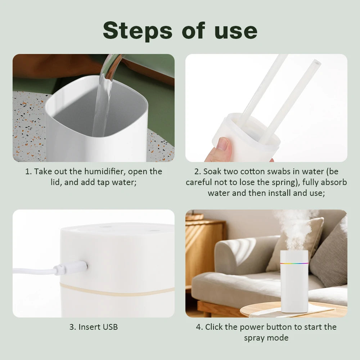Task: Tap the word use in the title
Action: point(236,31)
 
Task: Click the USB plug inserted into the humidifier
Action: point(74,268)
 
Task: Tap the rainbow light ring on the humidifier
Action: point(294,263)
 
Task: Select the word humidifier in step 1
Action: point(105,171)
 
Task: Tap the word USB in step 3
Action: point(110,327)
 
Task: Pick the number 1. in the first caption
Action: point(28,171)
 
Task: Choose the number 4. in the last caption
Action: point(199,327)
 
